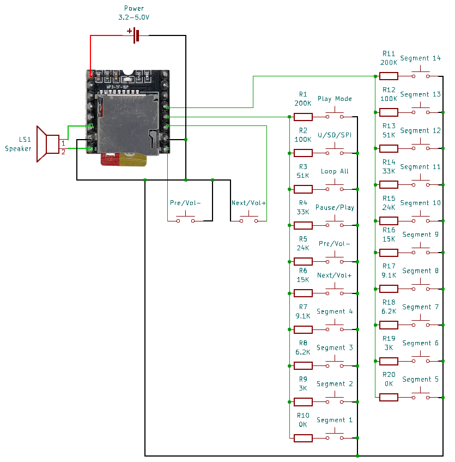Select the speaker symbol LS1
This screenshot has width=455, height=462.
[x=47, y=144]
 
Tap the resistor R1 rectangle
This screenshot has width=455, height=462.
[x=303, y=117]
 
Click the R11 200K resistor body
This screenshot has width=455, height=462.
[x=389, y=76]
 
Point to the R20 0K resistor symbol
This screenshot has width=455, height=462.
[x=389, y=398]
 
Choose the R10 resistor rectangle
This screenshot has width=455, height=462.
[x=303, y=438]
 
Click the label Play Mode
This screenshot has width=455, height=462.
[x=335, y=99]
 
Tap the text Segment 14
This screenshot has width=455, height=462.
[x=420, y=58]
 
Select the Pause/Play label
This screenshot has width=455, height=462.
[x=335, y=207]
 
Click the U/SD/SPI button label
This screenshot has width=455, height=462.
[x=335, y=135]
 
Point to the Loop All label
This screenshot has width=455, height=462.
[x=335, y=171]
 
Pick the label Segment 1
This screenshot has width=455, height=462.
[x=335, y=420]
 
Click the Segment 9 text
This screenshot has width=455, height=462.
[x=420, y=235]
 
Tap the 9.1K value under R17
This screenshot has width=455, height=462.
[x=389, y=275]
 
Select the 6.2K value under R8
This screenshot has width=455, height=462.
[x=303, y=352]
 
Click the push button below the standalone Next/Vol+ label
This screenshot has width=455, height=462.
[x=248, y=218]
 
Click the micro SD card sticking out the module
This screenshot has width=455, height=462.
[x=124, y=159]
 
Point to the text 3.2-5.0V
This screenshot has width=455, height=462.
[x=134, y=17]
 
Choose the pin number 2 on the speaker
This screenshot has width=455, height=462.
[x=63, y=152]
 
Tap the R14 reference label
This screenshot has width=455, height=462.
[x=389, y=162]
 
